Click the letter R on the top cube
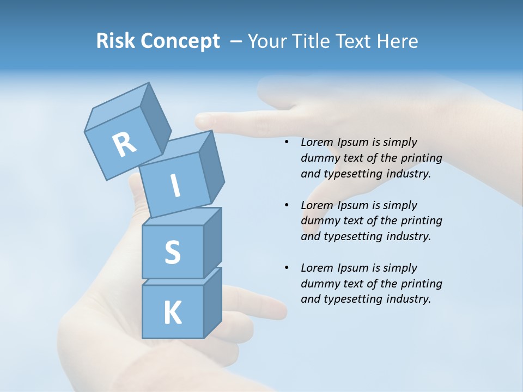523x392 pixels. click(124, 144)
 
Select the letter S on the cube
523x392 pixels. click(172, 252)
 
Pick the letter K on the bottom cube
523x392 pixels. click(172, 313)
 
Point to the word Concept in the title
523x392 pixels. click(180, 41)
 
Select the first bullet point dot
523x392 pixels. click(287, 143)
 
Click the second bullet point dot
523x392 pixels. click(287, 205)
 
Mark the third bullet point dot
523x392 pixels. click(287, 268)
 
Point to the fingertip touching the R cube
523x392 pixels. click(200, 119)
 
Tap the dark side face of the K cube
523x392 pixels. click(212, 302)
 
